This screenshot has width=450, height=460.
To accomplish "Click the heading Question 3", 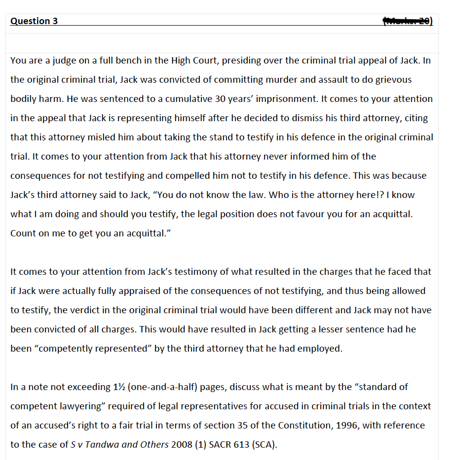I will point(34,21).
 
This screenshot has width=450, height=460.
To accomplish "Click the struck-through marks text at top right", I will point(408,21).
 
